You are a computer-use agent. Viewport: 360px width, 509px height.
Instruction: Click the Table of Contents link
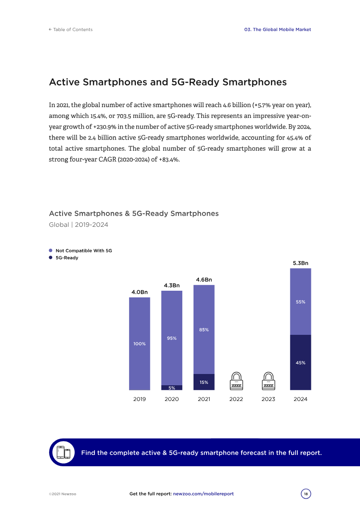coord(71,30)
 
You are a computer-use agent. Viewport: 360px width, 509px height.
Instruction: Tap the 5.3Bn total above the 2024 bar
coord(301,263)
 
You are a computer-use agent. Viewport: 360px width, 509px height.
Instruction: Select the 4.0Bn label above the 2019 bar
coord(139,292)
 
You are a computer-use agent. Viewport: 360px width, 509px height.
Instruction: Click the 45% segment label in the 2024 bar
coord(301,362)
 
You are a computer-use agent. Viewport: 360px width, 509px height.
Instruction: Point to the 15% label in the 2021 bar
coord(204,382)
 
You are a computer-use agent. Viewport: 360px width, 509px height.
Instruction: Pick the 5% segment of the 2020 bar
coord(171,387)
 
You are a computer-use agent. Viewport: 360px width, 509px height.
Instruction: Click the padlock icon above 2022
coord(236,381)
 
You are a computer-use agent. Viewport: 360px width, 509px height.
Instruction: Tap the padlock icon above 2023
coord(268,381)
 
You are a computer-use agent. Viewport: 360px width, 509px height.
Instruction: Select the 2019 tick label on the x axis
coord(139,399)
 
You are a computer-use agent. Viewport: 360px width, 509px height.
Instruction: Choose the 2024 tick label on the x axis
coord(300,399)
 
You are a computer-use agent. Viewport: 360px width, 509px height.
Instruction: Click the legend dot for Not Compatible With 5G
coord(51,250)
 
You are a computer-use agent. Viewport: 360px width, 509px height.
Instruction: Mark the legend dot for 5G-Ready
coord(51,258)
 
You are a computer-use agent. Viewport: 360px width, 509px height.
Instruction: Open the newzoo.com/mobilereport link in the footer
coord(203,494)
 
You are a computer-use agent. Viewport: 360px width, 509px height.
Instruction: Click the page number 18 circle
coord(306,494)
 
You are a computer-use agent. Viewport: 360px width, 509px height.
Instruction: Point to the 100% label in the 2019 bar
coord(139,344)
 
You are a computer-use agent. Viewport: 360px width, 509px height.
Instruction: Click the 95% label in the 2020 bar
coord(171,338)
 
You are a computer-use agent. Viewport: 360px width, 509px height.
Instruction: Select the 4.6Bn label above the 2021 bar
coord(204,279)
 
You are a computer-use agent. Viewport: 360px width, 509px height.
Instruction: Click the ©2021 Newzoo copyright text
coord(63,494)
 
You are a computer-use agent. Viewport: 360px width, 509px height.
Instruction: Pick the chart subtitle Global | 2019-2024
coord(78,224)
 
